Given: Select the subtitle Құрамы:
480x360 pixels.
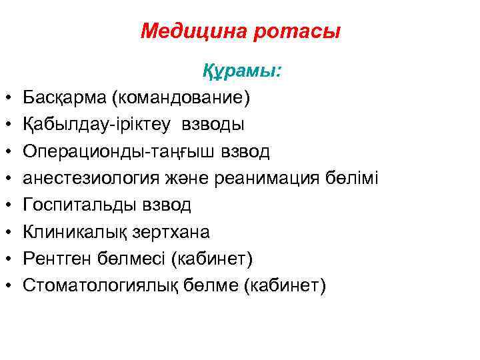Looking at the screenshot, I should [x=242, y=71].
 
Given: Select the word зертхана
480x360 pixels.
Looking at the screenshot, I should [x=171, y=231].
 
